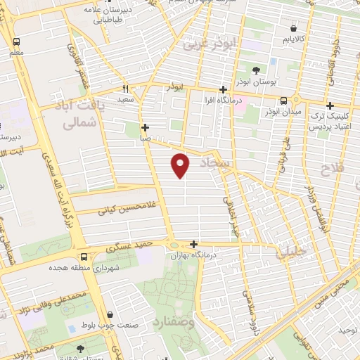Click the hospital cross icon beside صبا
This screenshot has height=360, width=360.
pyautogui.click(x=146, y=128)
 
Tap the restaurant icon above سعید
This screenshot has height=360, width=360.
pyautogui.click(x=126, y=89)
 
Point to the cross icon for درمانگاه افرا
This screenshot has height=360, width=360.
pyautogui.click(x=223, y=89)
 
